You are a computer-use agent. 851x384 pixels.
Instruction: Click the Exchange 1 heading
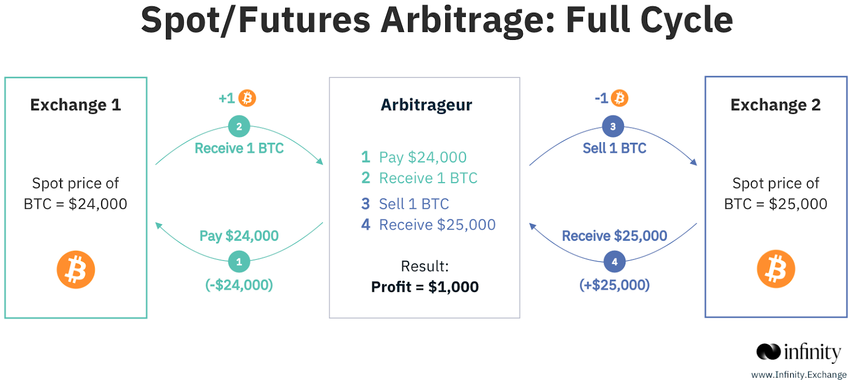pyautogui.click(x=76, y=105)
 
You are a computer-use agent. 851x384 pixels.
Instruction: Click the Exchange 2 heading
pyautogui.click(x=775, y=105)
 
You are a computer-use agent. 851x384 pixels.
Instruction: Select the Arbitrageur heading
pyautogui.click(x=426, y=105)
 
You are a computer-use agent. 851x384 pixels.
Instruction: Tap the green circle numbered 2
pyautogui.click(x=239, y=126)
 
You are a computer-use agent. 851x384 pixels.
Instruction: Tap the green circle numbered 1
pyautogui.click(x=239, y=262)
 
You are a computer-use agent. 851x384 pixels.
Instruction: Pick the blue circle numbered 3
pyautogui.click(x=613, y=126)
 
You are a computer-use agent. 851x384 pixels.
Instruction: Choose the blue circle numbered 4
pyautogui.click(x=614, y=262)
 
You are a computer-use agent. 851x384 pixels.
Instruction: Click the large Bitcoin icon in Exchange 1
pyautogui.click(x=76, y=269)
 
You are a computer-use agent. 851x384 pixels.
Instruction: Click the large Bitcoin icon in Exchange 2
pyautogui.click(x=776, y=269)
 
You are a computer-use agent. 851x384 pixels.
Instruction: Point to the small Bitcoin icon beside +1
pyautogui.click(x=247, y=98)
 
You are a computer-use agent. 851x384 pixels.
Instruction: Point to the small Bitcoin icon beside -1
pyautogui.click(x=619, y=98)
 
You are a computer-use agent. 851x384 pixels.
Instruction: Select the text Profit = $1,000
pyautogui.click(x=425, y=287)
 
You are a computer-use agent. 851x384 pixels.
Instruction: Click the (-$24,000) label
pyautogui.click(x=239, y=284)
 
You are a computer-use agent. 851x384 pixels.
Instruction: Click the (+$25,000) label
pyautogui.click(x=614, y=284)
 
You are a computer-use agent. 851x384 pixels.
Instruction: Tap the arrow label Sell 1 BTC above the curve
pyautogui.click(x=614, y=148)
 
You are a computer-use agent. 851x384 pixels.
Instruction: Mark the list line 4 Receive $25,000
pyautogui.click(x=428, y=225)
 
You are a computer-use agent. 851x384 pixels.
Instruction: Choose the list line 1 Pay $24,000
pyautogui.click(x=414, y=157)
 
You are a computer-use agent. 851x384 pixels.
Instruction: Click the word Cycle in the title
pyautogui.click(x=687, y=20)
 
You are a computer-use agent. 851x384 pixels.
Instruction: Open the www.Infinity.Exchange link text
pyautogui.click(x=799, y=374)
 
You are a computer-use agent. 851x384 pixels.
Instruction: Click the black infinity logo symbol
pyautogui.click(x=768, y=352)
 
